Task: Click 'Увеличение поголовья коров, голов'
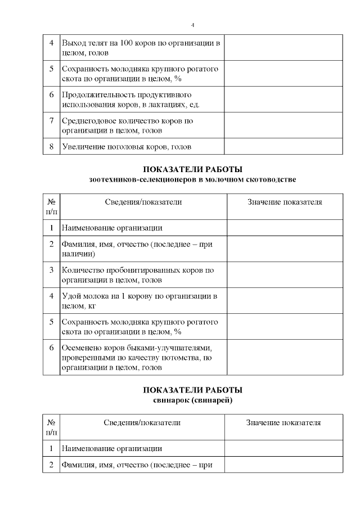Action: [127, 147]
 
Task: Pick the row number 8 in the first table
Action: [51, 147]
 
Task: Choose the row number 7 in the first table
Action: [51, 120]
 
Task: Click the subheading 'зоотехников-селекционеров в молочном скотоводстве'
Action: [192, 179]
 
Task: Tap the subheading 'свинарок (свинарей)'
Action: [192, 400]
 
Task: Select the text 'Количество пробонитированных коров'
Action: [138, 270]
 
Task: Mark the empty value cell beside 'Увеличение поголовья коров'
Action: [283, 147]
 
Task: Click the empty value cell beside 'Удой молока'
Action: [284, 301]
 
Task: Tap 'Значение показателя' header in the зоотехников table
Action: [285, 202]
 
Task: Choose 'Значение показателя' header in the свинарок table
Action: [283, 422]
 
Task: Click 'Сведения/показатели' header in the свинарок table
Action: [142, 422]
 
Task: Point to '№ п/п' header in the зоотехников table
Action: [51, 206]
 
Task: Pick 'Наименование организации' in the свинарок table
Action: [112, 448]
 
